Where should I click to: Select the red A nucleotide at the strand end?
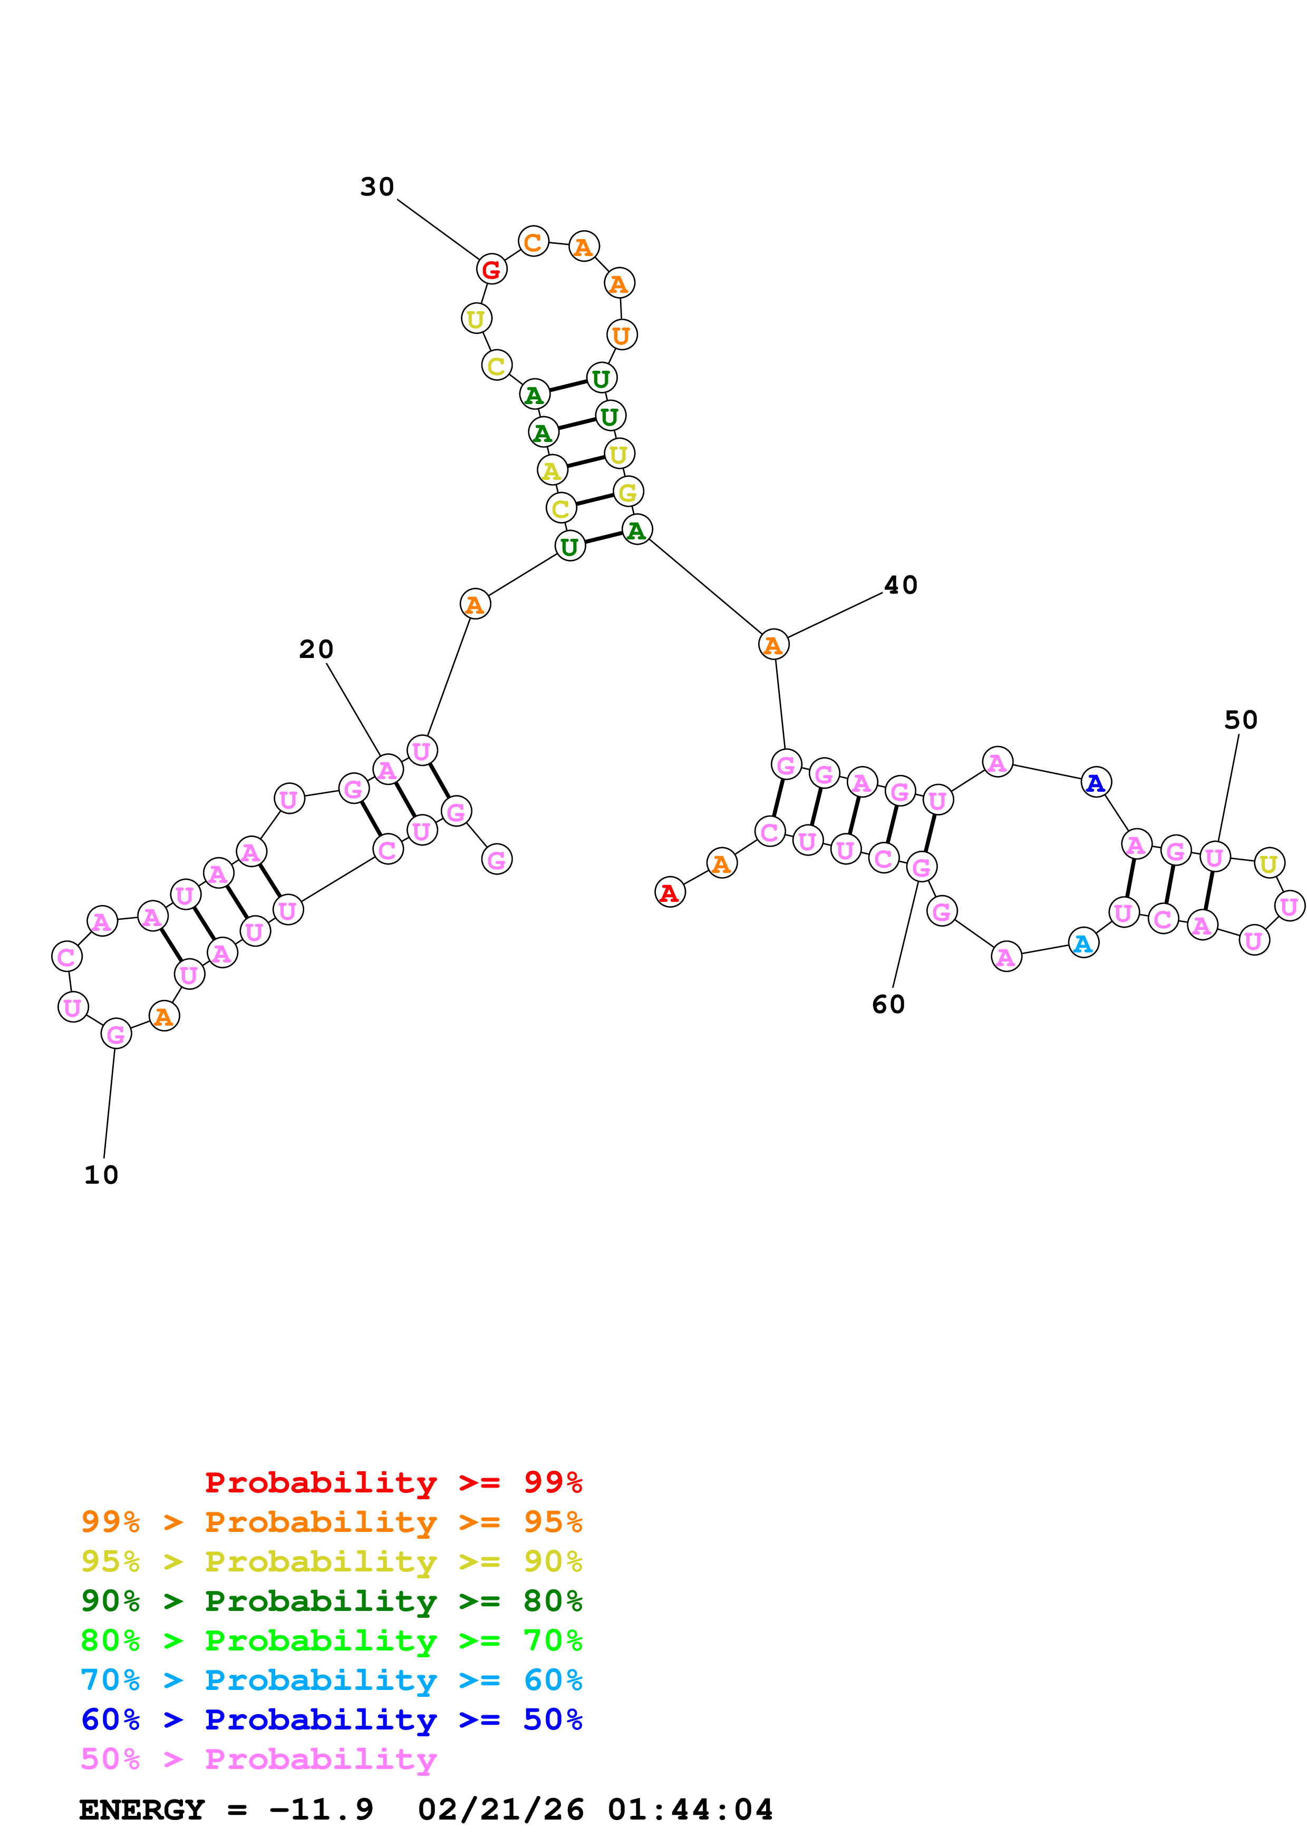(669, 892)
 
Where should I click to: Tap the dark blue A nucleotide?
(1095, 782)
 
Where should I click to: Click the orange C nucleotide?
(533, 241)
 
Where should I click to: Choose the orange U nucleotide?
(621, 335)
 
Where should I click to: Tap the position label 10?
(101, 1175)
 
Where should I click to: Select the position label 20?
(316, 648)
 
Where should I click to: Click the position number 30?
(377, 186)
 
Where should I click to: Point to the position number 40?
(901, 585)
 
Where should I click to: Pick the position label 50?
(1241, 720)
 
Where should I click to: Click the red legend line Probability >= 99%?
(394, 1482)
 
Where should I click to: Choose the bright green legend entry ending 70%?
(332, 1640)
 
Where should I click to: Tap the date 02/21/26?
(501, 1810)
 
